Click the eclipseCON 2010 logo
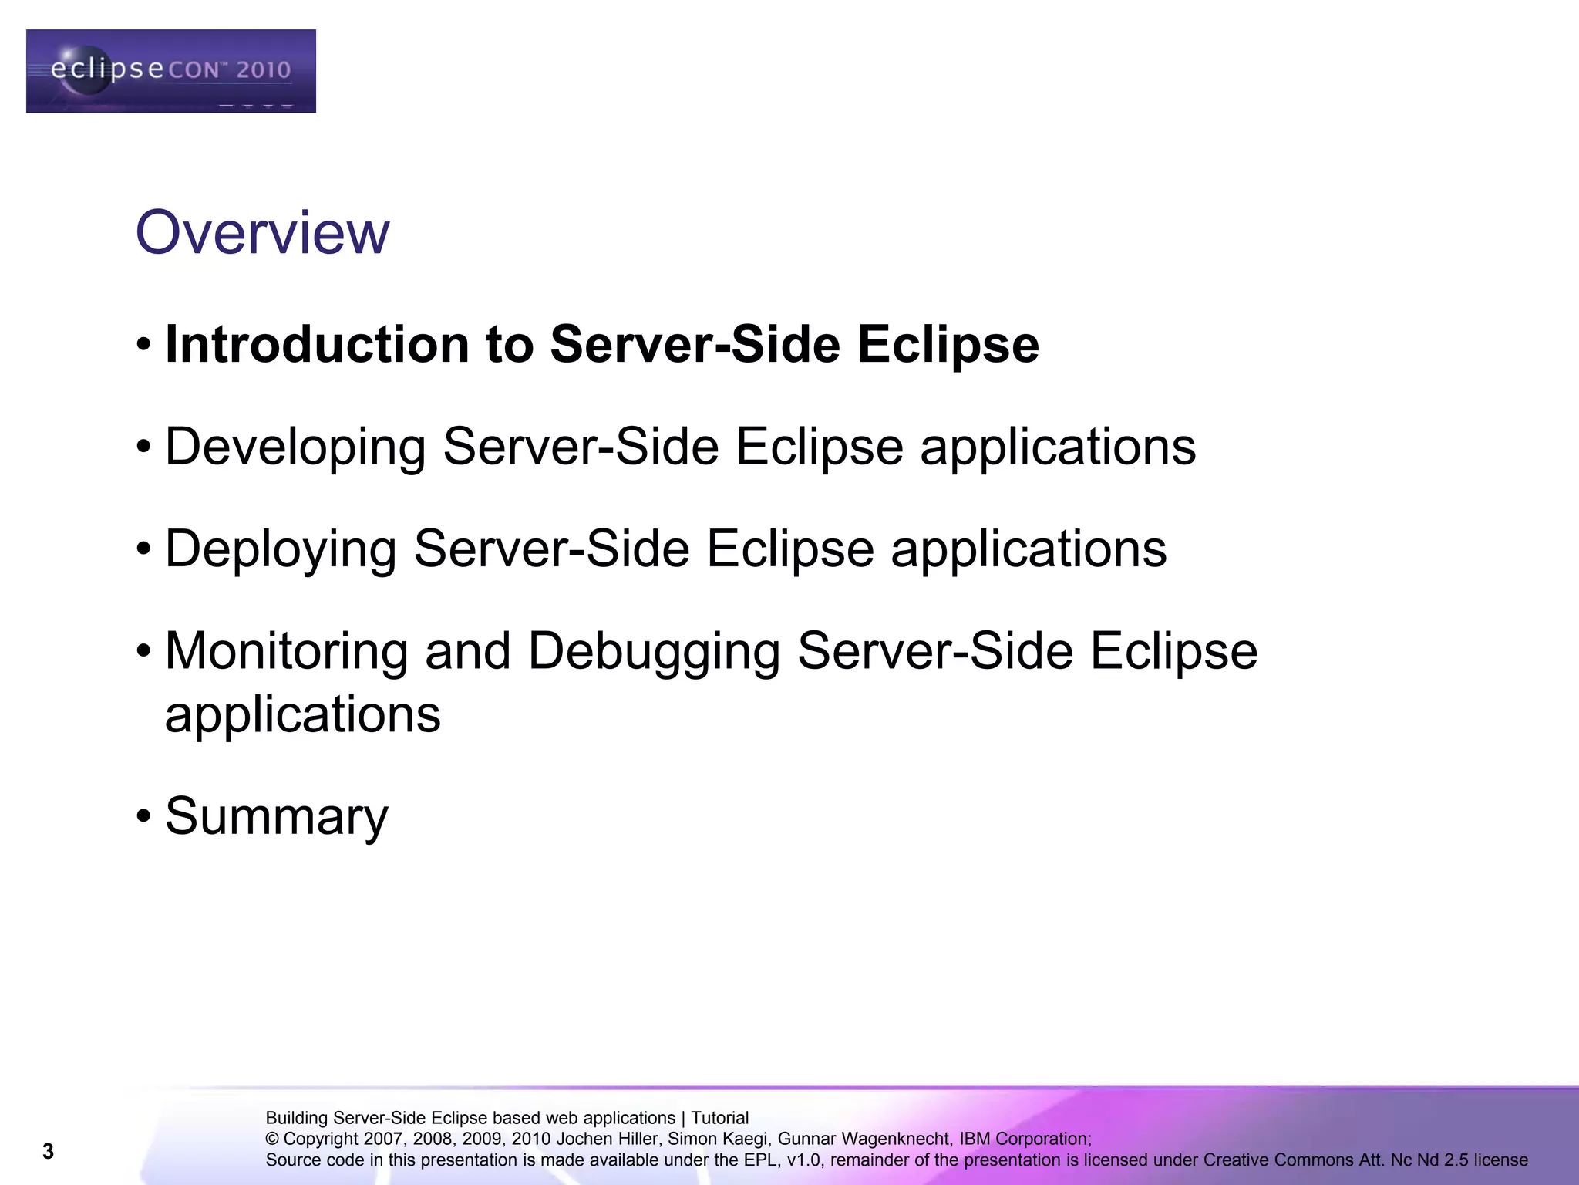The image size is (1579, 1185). coord(170,71)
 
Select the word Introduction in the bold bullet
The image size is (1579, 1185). coord(316,344)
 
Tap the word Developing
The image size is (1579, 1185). coord(295,447)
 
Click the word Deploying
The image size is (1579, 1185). coord(281,549)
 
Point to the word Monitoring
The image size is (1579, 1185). coord(286,651)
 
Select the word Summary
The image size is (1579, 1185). coord(277,817)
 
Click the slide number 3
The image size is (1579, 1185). coord(48,1152)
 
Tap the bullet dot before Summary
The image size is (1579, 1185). coord(143,816)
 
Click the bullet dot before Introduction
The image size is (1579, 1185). coord(143,344)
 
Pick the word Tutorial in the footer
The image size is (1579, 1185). coord(719,1118)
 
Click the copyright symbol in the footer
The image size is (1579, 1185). coord(272,1139)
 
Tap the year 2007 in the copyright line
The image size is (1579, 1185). coord(383,1139)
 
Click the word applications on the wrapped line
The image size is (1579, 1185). coord(303,714)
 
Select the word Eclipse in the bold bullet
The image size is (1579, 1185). coord(948,344)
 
